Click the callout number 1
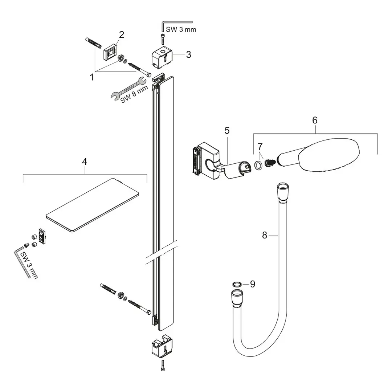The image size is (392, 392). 92,77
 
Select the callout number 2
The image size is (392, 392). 122,35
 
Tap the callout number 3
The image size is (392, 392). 188,55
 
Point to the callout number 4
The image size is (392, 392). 85,162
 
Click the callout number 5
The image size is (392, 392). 227,130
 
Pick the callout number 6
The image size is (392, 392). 315,120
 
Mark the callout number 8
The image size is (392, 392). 265,236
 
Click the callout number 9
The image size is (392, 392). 252,284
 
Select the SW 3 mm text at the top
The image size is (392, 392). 180,29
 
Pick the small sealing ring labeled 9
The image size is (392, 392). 236,284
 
